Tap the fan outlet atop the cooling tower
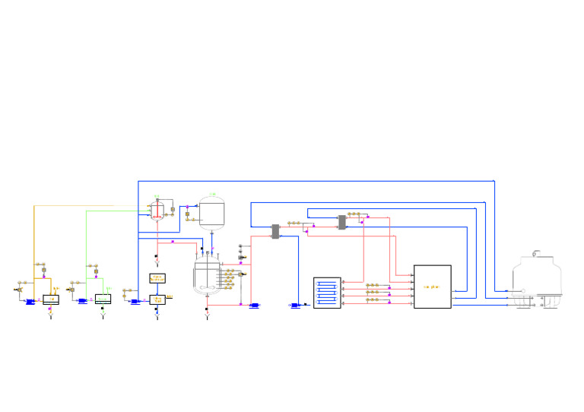click(x=536, y=253)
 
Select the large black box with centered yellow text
click(x=432, y=287)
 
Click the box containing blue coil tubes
click(x=327, y=293)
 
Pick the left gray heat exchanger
click(x=275, y=231)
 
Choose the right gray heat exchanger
click(x=341, y=222)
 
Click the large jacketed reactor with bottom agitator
click(x=207, y=277)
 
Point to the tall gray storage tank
click(x=211, y=214)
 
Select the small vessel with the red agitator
click(x=157, y=211)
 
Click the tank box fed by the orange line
click(x=51, y=299)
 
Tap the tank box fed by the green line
click(x=103, y=299)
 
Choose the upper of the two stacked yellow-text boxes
click(x=157, y=278)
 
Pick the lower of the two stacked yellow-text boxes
click(x=157, y=299)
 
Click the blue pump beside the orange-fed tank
click(x=30, y=302)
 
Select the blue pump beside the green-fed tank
click(x=83, y=301)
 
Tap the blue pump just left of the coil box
click(x=295, y=306)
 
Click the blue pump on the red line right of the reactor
click(x=254, y=306)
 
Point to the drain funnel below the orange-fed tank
click(x=50, y=315)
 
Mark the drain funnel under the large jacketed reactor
click(x=207, y=316)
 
